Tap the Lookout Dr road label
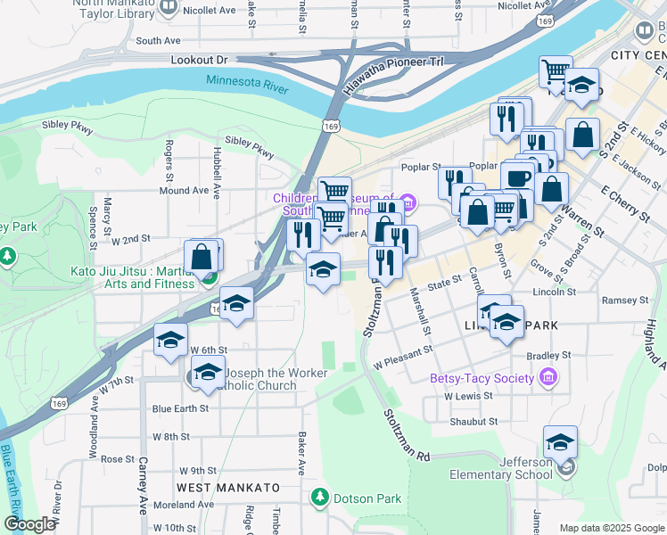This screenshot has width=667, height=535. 198,59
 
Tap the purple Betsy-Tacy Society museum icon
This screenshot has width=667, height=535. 548,378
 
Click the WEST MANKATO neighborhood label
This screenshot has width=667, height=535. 227,488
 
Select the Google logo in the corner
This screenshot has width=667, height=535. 29,524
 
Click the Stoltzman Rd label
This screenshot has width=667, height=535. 407,435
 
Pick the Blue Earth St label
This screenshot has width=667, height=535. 180,408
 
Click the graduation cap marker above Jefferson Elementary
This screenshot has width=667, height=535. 560,442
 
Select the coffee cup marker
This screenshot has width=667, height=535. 517,177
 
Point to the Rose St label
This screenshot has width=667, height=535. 118,459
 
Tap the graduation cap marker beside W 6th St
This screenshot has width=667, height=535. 170,341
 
